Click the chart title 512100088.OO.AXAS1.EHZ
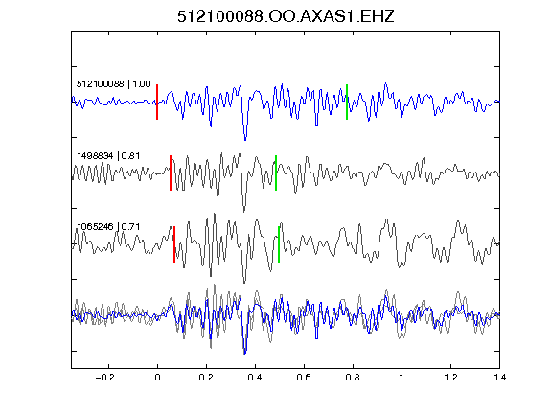click(286, 16)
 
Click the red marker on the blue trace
click(157, 103)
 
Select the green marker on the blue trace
click(347, 103)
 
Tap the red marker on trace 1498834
click(171, 172)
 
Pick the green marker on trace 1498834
click(276, 172)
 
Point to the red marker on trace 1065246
click(174, 244)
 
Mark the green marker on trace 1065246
click(279, 244)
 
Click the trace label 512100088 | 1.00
click(114, 84)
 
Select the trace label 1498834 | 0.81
click(108, 155)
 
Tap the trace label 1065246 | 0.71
click(108, 227)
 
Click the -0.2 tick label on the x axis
click(105, 378)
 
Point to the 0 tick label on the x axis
click(157, 378)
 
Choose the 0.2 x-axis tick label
click(206, 378)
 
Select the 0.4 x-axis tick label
click(255, 378)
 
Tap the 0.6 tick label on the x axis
click(304, 378)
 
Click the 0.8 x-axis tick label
click(353, 378)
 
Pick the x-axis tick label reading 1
click(402, 378)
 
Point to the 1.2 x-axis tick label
click(450, 378)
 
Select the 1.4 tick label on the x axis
click(499, 378)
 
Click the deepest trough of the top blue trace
click(245, 140)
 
